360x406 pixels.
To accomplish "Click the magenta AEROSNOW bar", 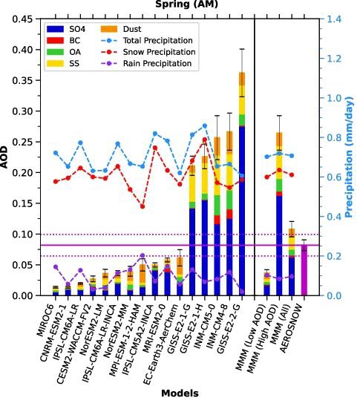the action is pyautogui.click(x=304, y=270).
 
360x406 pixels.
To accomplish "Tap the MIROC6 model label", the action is pyautogui.click(x=45, y=321).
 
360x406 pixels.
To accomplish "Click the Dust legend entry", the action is pyautogui.click(x=121, y=29).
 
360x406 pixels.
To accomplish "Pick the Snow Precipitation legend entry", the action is pyautogui.click(x=148, y=52).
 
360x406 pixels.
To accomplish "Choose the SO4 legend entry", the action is pyautogui.click(x=66, y=29).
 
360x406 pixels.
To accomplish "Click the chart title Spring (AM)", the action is pyautogui.click(x=186, y=4).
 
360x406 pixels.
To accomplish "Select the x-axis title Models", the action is pyautogui.click(x=180, y=393).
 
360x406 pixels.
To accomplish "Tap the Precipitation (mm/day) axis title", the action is pyautogui.click(x=350, y=157).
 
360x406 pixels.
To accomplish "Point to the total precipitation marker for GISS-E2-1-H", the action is pyautogui.click(x=205, y=126).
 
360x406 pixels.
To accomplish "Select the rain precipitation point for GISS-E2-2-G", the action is pyautogui.click(x=242, y=292).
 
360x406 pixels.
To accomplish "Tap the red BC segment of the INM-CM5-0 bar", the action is pyautogui.click(x=217, y=220).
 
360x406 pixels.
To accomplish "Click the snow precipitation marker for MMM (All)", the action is pyautogui.click(x=292, y=175).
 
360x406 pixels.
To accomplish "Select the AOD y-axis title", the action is pyautogui.click(x=4, y=157).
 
